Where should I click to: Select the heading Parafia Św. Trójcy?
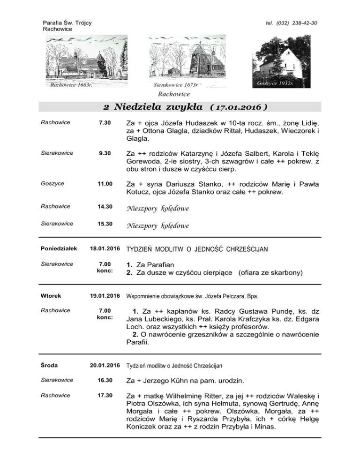pos(67,23)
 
